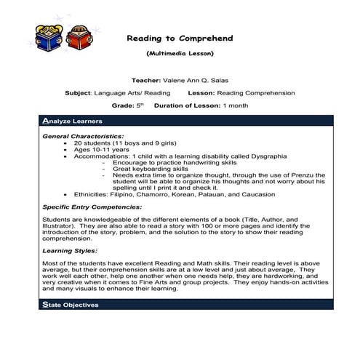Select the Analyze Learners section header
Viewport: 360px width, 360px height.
pos(73,121)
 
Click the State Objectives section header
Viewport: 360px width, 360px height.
pos(71,305)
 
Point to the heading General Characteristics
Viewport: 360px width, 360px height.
pos(82,136)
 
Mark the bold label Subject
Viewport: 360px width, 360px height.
pos(78,93)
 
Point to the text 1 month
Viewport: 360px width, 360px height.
pos(236,105)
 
